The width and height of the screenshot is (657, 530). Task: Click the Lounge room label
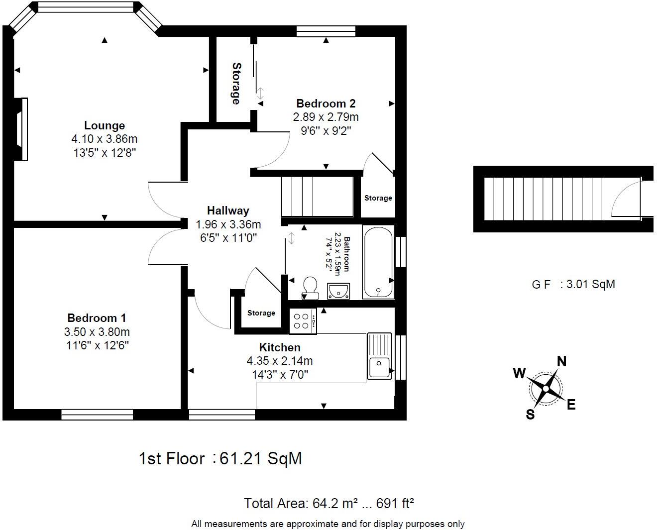(104, 125)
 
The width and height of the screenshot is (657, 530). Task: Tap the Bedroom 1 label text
(97, 318)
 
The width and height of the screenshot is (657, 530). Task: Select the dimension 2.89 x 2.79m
(326, 117)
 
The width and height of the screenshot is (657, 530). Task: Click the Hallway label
(228, 211)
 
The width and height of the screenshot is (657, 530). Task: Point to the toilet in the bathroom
(310, 287)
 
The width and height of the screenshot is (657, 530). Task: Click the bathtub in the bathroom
(379, 262)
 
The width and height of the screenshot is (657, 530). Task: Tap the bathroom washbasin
(338, 291)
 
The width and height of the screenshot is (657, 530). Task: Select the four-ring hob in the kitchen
(302, 321)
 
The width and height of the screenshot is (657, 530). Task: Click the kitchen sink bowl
(379, 368)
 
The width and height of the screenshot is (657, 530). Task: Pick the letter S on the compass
(531, 414)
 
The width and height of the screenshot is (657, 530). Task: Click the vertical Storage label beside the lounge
(236, 83)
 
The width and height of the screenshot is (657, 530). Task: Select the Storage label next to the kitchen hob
(261, 313)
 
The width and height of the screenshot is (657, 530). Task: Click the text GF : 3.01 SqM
(573, 284)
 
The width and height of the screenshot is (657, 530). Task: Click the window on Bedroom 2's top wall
(326, 31)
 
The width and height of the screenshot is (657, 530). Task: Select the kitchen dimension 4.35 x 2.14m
(279, 361)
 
